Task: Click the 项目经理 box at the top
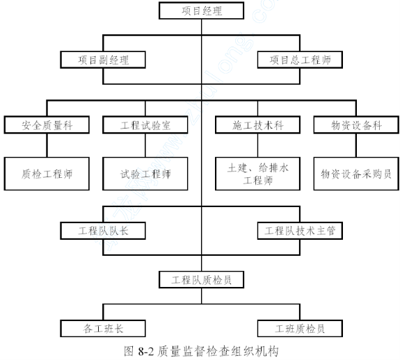(x=201, y=10)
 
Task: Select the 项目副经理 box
(x=103, y=60)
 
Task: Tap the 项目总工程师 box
(x=300, y=60)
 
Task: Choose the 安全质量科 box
(x=47, y=125)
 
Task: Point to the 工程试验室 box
(x=145, y=125)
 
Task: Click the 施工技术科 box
(x=257, y=125)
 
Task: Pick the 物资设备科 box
(x=356, y=125)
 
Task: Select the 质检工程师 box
(x=47, y=174)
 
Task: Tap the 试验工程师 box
(x=145, y=174)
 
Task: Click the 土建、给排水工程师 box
(x=257, y=174)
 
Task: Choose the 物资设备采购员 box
(x=356, y=174)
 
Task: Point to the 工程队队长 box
(x=103, y=231)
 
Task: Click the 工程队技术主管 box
(x=300, y=231)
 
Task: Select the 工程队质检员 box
(x=201, y=280)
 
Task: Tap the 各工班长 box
(x=103, y=329)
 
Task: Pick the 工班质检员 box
(x=300, y=329)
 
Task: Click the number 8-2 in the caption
(x=146, y=352)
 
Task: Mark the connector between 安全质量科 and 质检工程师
(x=47, y=145)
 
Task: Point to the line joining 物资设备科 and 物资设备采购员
(x=356, y=145)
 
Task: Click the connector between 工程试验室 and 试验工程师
(x=145, y=145)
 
